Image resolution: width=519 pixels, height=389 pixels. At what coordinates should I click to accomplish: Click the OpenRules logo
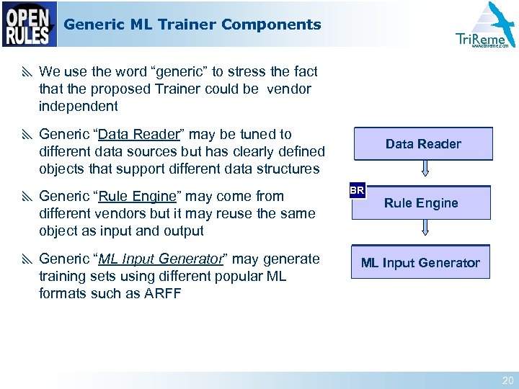pyautogui.click(x=30, y=24)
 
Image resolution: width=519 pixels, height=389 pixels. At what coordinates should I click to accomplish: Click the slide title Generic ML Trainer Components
pyautogui.click(x=192, y=24)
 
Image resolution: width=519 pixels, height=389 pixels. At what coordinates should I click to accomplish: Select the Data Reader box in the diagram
pyautogui.click(x=423, y=144)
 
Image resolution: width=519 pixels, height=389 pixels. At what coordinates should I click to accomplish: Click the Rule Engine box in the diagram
pyautogui.click(x=421, y=203)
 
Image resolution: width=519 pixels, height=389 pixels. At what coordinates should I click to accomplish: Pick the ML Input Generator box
pyautogui.click(x=420, y=262)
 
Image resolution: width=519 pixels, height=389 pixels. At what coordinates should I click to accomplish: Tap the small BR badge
pyautogui.click(x=357, y=191)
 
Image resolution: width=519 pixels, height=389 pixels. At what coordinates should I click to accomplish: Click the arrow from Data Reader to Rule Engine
pyautogui.click(x=425, y=169)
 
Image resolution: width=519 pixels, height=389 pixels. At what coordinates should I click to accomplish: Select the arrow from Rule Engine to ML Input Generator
pyautogui.click(x=425, y=228)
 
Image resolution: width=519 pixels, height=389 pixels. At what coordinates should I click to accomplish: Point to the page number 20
pyautogui.click(x=507, y=380)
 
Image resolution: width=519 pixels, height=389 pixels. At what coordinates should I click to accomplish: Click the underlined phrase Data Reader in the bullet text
pyautogui.click(x=138, y=134)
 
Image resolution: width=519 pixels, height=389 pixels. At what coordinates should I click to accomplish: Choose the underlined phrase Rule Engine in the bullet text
pyautogui.click(x=137, y=196)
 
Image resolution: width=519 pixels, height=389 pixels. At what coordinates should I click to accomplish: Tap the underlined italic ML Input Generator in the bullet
pyautogui.click(x=161, y=259)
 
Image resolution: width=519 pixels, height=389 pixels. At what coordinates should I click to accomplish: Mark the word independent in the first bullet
pyautogui.click(x=78, y=106)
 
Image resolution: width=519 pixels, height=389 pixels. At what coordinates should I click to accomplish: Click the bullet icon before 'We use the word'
pyautogui.click(x=27, y=72)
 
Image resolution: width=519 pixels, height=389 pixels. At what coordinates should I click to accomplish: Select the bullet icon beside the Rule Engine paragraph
pyautogui.click(x=27, y=197)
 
